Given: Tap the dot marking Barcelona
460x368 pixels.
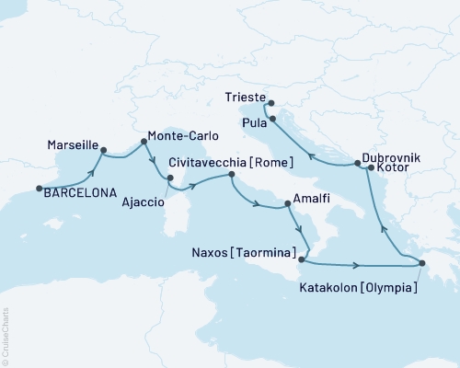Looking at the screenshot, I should pos(39,190).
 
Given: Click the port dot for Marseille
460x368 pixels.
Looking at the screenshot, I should pos(103,150).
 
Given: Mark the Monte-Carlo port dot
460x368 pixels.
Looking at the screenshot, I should pos(144,142).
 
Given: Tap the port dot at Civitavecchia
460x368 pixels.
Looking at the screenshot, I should pos(231,175).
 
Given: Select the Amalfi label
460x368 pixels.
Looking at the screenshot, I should pos(306,199).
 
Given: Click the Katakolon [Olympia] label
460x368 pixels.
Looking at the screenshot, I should pos(360,287).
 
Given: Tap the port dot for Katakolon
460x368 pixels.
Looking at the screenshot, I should pos(422,265).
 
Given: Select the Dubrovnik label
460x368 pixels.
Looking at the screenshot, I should pos(392,158).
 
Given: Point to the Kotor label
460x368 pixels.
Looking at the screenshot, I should pos(393,170).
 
